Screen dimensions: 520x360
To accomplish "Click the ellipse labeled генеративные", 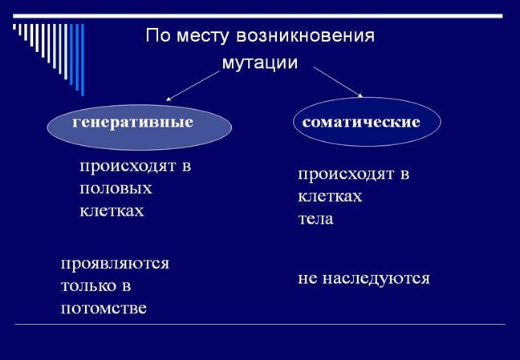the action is (139, 125).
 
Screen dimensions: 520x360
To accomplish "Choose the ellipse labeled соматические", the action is (366, 123).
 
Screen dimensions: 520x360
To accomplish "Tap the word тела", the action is (315, 218).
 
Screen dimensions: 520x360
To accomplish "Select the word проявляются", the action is (115, 263).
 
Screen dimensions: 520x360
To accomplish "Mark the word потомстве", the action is (104, 307).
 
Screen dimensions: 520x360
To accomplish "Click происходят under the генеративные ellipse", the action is (135, 167).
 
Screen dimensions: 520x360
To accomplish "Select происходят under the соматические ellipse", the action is (354, 174).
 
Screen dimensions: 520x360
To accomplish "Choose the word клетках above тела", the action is (330, 196).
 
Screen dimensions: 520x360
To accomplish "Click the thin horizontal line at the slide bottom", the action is (260, 324).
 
